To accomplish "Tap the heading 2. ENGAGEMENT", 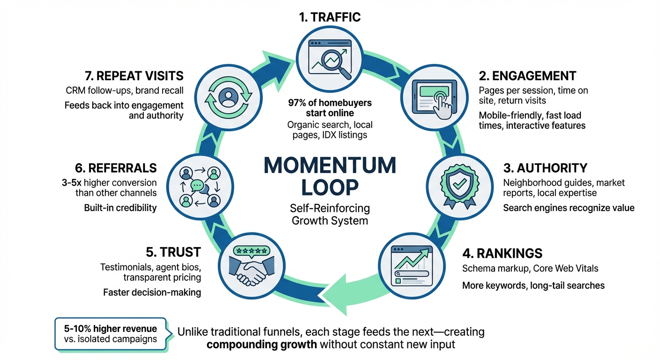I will pos(527,75).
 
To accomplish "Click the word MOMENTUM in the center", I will pos(330,166).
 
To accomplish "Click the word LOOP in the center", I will pos(330,187).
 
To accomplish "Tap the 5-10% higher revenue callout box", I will pos(111,334).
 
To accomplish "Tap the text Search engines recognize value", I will pos(569,207).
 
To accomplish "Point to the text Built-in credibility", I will pos(120,207).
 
